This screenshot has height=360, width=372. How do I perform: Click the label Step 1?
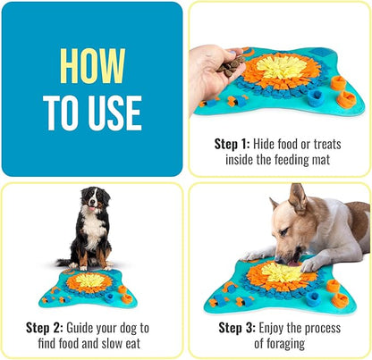[235, 142]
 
